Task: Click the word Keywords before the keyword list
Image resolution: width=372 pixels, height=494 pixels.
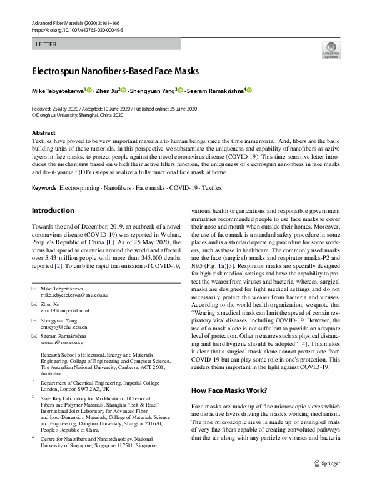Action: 44,188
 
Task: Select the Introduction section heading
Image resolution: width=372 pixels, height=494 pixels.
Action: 53,210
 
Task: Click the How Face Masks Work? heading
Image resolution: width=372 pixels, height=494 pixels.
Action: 228,390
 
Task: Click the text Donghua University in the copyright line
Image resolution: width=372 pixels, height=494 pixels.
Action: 56,115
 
